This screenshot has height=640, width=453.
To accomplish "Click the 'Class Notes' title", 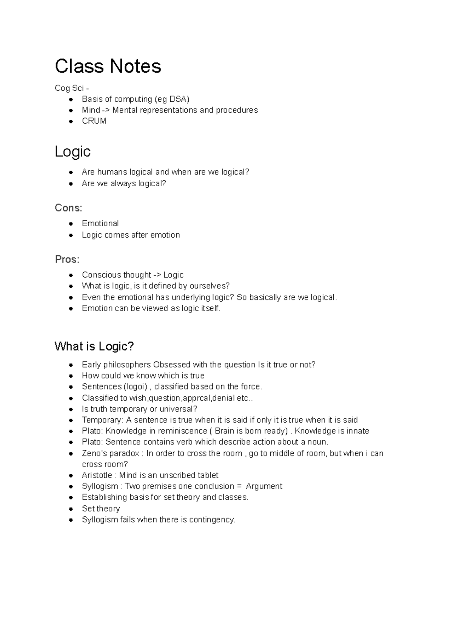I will [108, 66].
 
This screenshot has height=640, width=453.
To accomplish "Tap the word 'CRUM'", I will [94, 121].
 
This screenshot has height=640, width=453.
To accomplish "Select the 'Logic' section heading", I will [72, 152].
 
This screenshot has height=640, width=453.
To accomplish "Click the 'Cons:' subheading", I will [68, 208].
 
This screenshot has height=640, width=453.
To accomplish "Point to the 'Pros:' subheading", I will [67, 260].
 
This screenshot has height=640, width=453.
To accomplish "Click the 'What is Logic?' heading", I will [94, 346].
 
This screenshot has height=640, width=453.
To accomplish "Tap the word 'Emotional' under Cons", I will [100, 223].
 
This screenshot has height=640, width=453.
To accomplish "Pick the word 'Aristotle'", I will [97, 475].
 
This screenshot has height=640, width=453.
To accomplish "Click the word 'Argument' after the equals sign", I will [264, 486].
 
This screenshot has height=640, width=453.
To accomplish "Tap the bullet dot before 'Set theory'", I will [71, 509].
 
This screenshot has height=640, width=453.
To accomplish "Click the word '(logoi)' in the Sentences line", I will [136, 387].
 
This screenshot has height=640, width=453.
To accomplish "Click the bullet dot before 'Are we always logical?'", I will [71, 184].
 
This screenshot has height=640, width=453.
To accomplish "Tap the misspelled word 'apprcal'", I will [196, 398].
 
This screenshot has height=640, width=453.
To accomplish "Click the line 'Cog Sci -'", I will [72, 88].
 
